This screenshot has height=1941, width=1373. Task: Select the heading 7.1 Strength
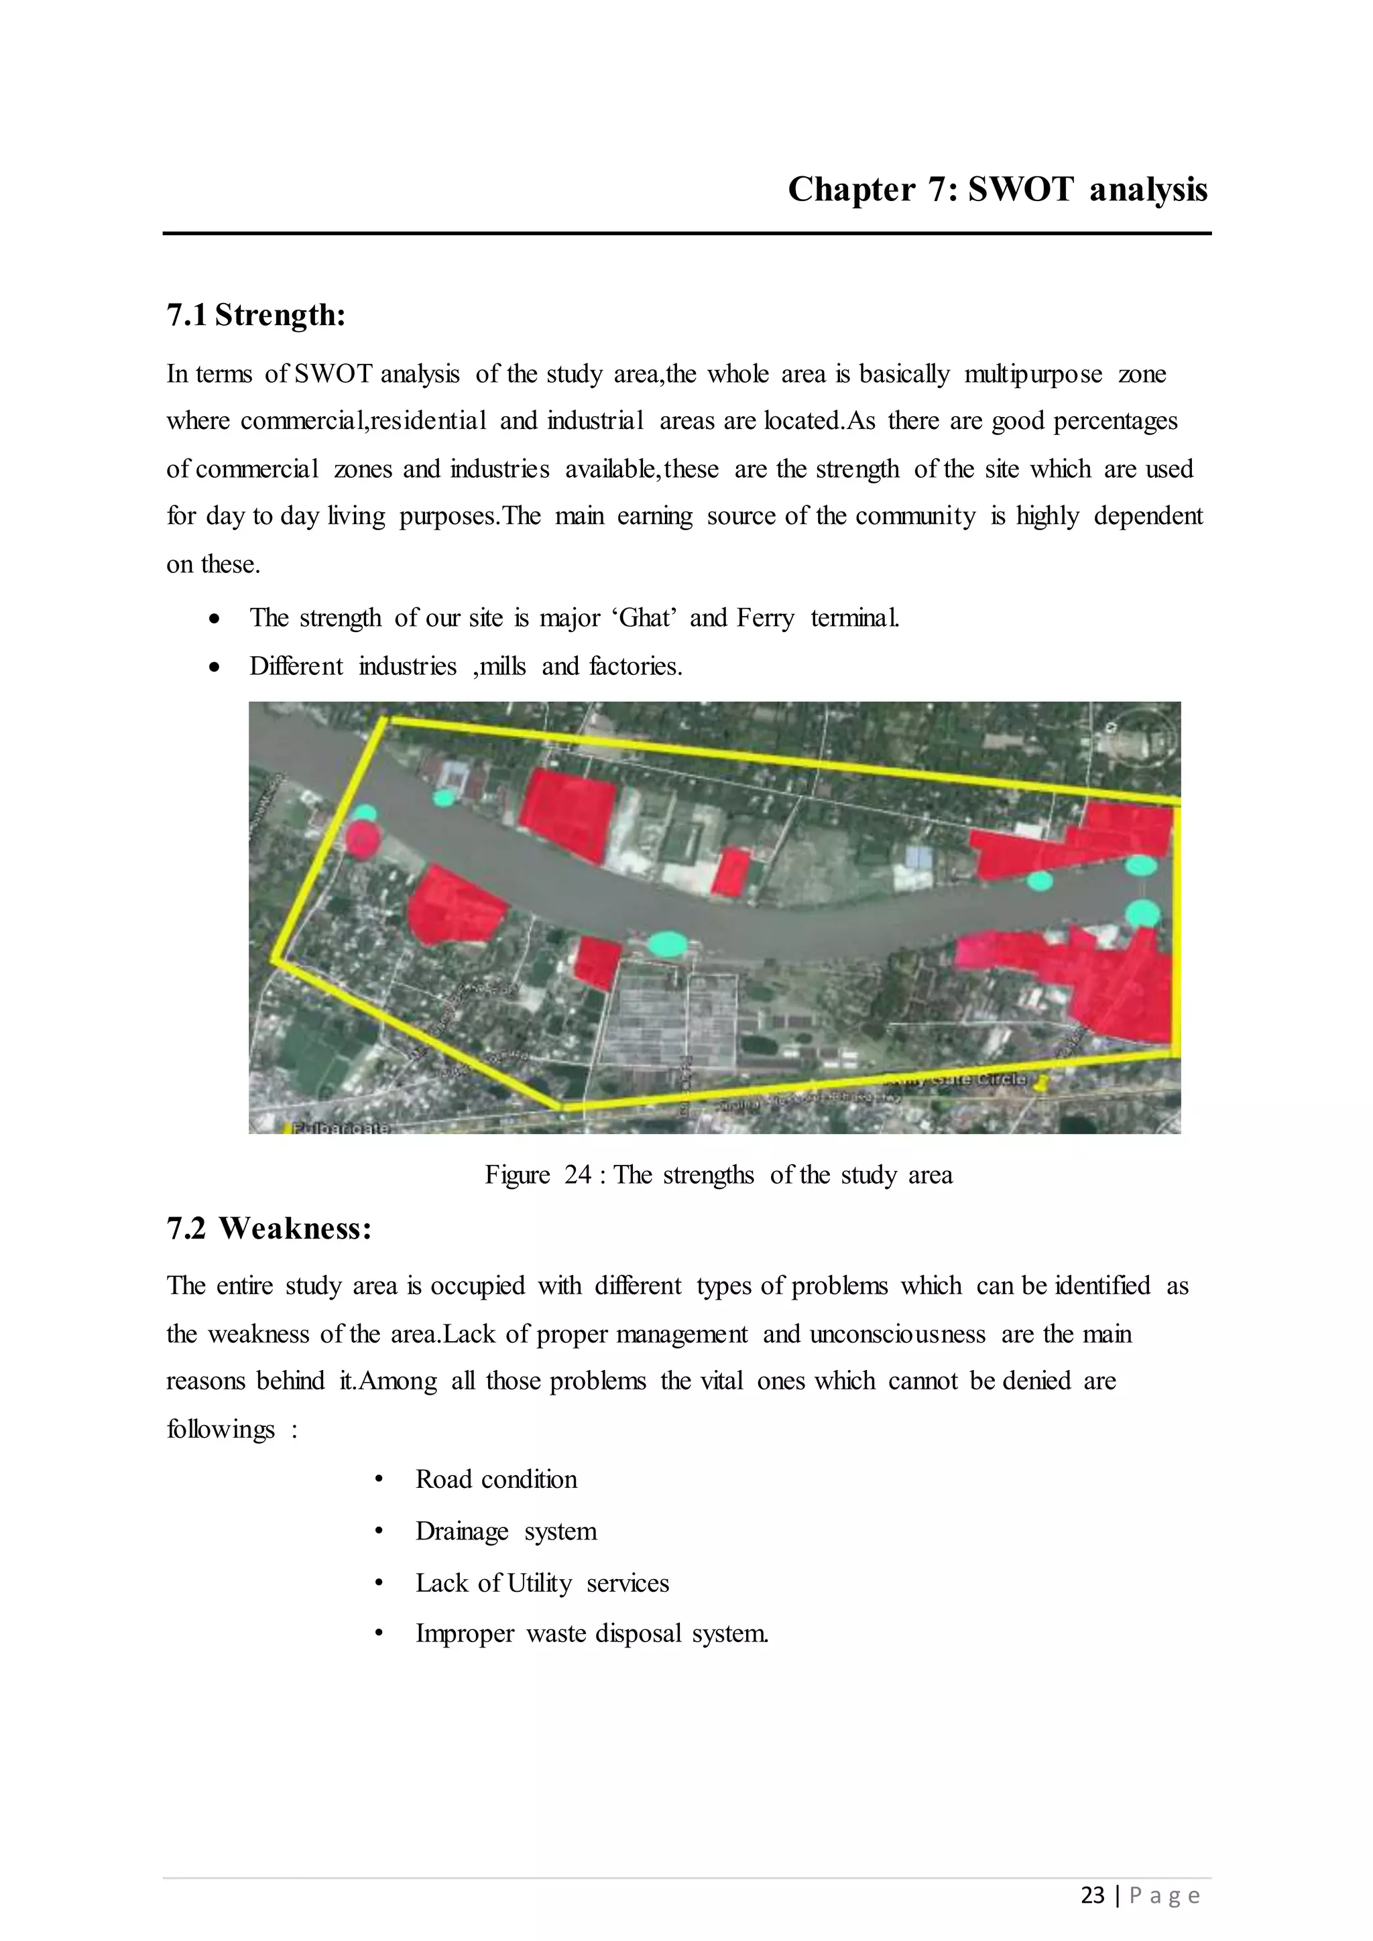click(x=256, y=315)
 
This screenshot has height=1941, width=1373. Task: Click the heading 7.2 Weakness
click(x=269, y=1229)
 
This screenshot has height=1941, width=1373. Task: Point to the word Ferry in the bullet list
click(x=765, y=618)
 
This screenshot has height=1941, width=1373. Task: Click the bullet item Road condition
click(x=496, y=1479)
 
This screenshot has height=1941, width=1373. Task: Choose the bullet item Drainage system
click(x=505, y=1531)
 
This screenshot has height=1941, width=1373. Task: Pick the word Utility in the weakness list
click(x=540, y=1582)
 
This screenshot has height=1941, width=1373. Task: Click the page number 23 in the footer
click(x=1092, y=1895)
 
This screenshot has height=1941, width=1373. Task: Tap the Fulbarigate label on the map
click(x=341, y=1128)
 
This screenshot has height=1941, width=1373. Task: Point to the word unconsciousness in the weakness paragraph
click(x=897, y=1334)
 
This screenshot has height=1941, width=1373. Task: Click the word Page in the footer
click(x=1165, y=1895)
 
